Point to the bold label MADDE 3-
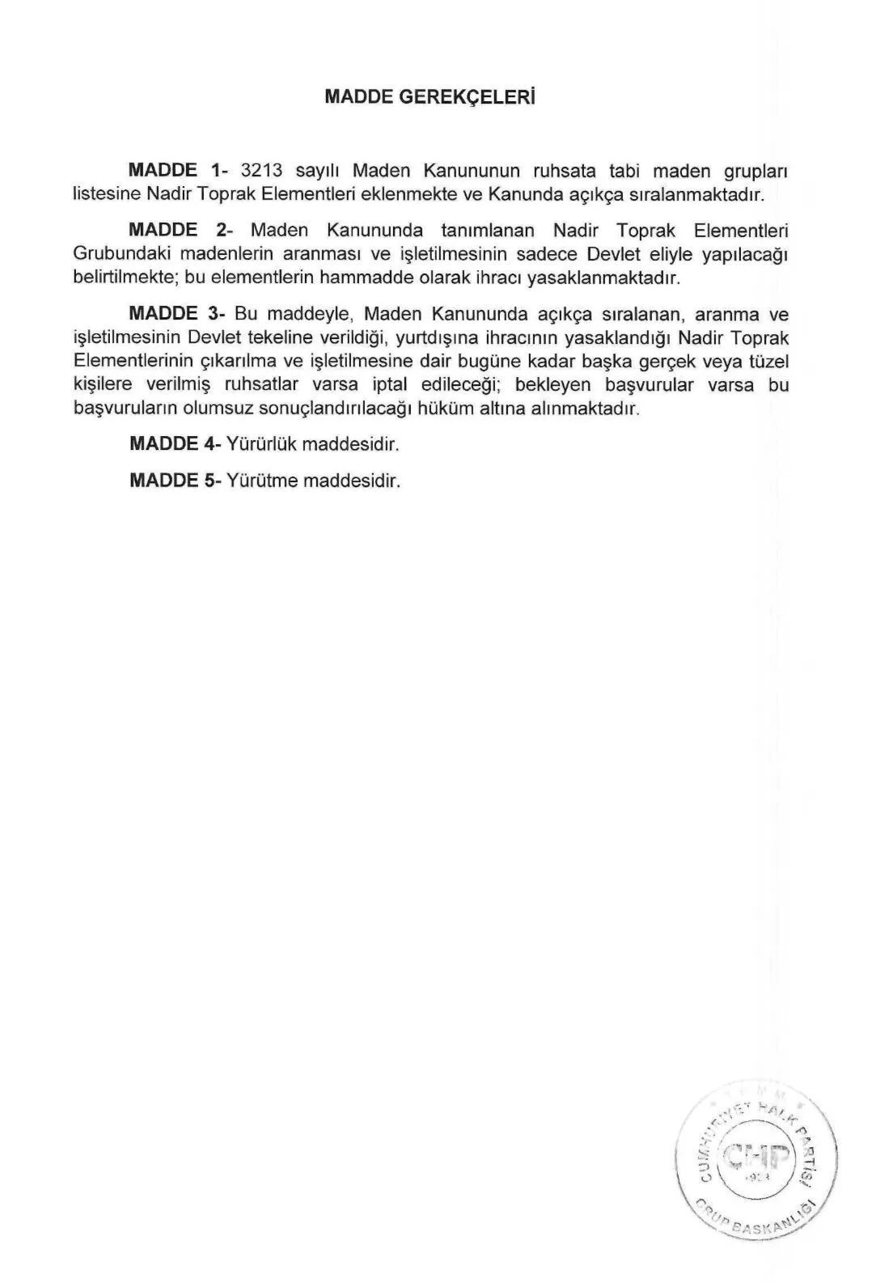point(176,313)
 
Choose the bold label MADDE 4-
point(175,445)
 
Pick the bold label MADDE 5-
point(175,481)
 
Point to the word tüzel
point(767,361)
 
